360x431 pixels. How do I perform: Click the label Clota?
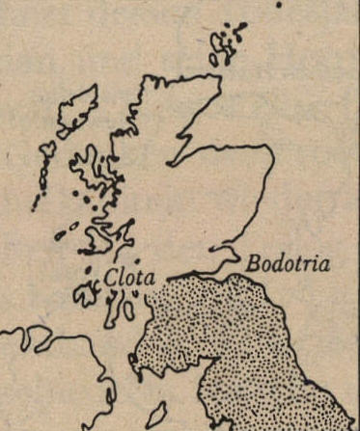pyautogui.click(x=128, y=277)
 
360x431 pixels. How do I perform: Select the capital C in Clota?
pyautogui.click(x=110, y=277)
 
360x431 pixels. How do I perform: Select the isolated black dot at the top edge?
pyautogui.click(x=278, y=3)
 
